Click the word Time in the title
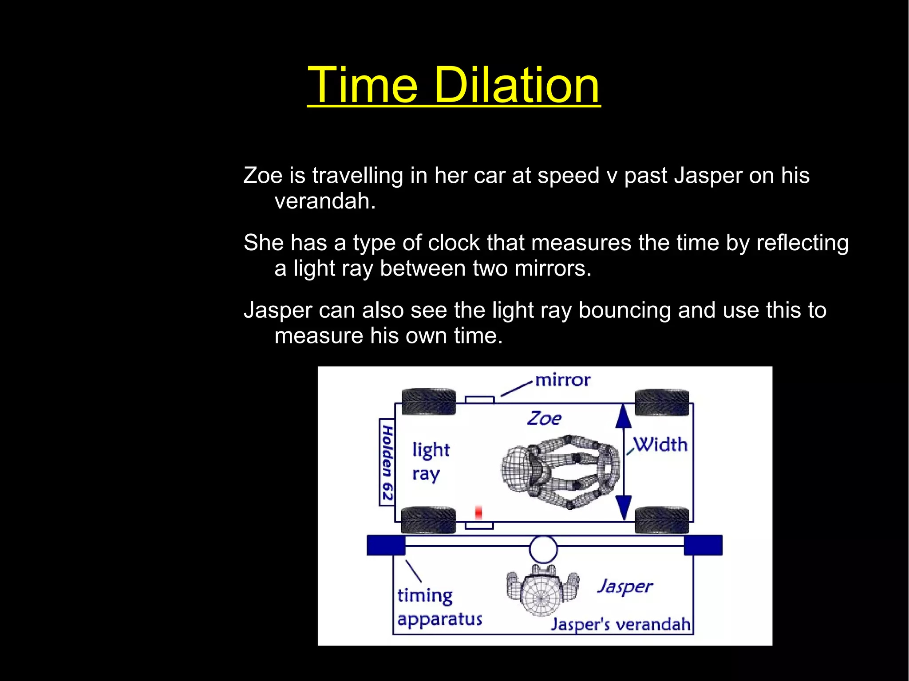[363, 85]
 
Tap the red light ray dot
[478, 512]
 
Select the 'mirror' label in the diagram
[563, 380]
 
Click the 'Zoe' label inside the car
[544, 418]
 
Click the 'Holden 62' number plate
[387, 462]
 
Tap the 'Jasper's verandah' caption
[620, 624]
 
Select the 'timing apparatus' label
[439, 607]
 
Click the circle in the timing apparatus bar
[543, 549]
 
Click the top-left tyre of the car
[429, 402]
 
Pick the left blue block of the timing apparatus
[386, 545]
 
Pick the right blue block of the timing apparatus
[703, 545]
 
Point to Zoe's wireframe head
[517, 468]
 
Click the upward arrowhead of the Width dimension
[624, 417]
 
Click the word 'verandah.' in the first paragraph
[325, 201]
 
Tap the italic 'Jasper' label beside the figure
[625, 587]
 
